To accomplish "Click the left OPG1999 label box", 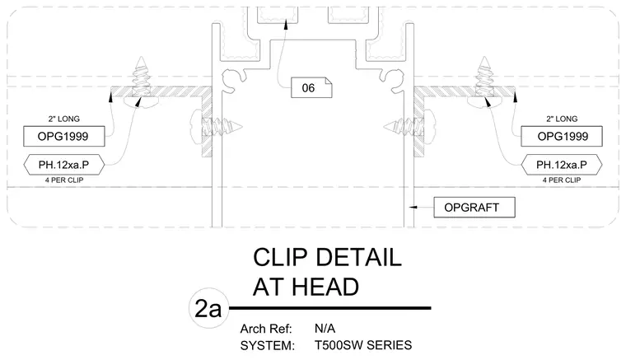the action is click(64, 137).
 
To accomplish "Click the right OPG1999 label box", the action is click(561, 137).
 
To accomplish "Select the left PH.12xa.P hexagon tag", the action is click(64, 165).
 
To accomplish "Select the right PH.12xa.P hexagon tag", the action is click(561, 165).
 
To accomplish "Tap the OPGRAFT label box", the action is click(474, 208).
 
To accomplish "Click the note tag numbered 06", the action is click(311, 88).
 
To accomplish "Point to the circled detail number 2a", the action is click(208, 308).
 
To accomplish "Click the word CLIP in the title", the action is click(279, 257).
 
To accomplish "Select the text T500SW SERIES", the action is click(363, 345).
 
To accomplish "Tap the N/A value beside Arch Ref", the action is click(325, 329).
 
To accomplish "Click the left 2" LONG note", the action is click(64, 119).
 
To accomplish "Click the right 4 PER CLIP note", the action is click(561, 180).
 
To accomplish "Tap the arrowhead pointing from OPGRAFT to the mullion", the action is click(413, 207).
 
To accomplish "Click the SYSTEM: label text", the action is click(267, 346).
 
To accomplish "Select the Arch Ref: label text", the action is click(266, 329).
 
